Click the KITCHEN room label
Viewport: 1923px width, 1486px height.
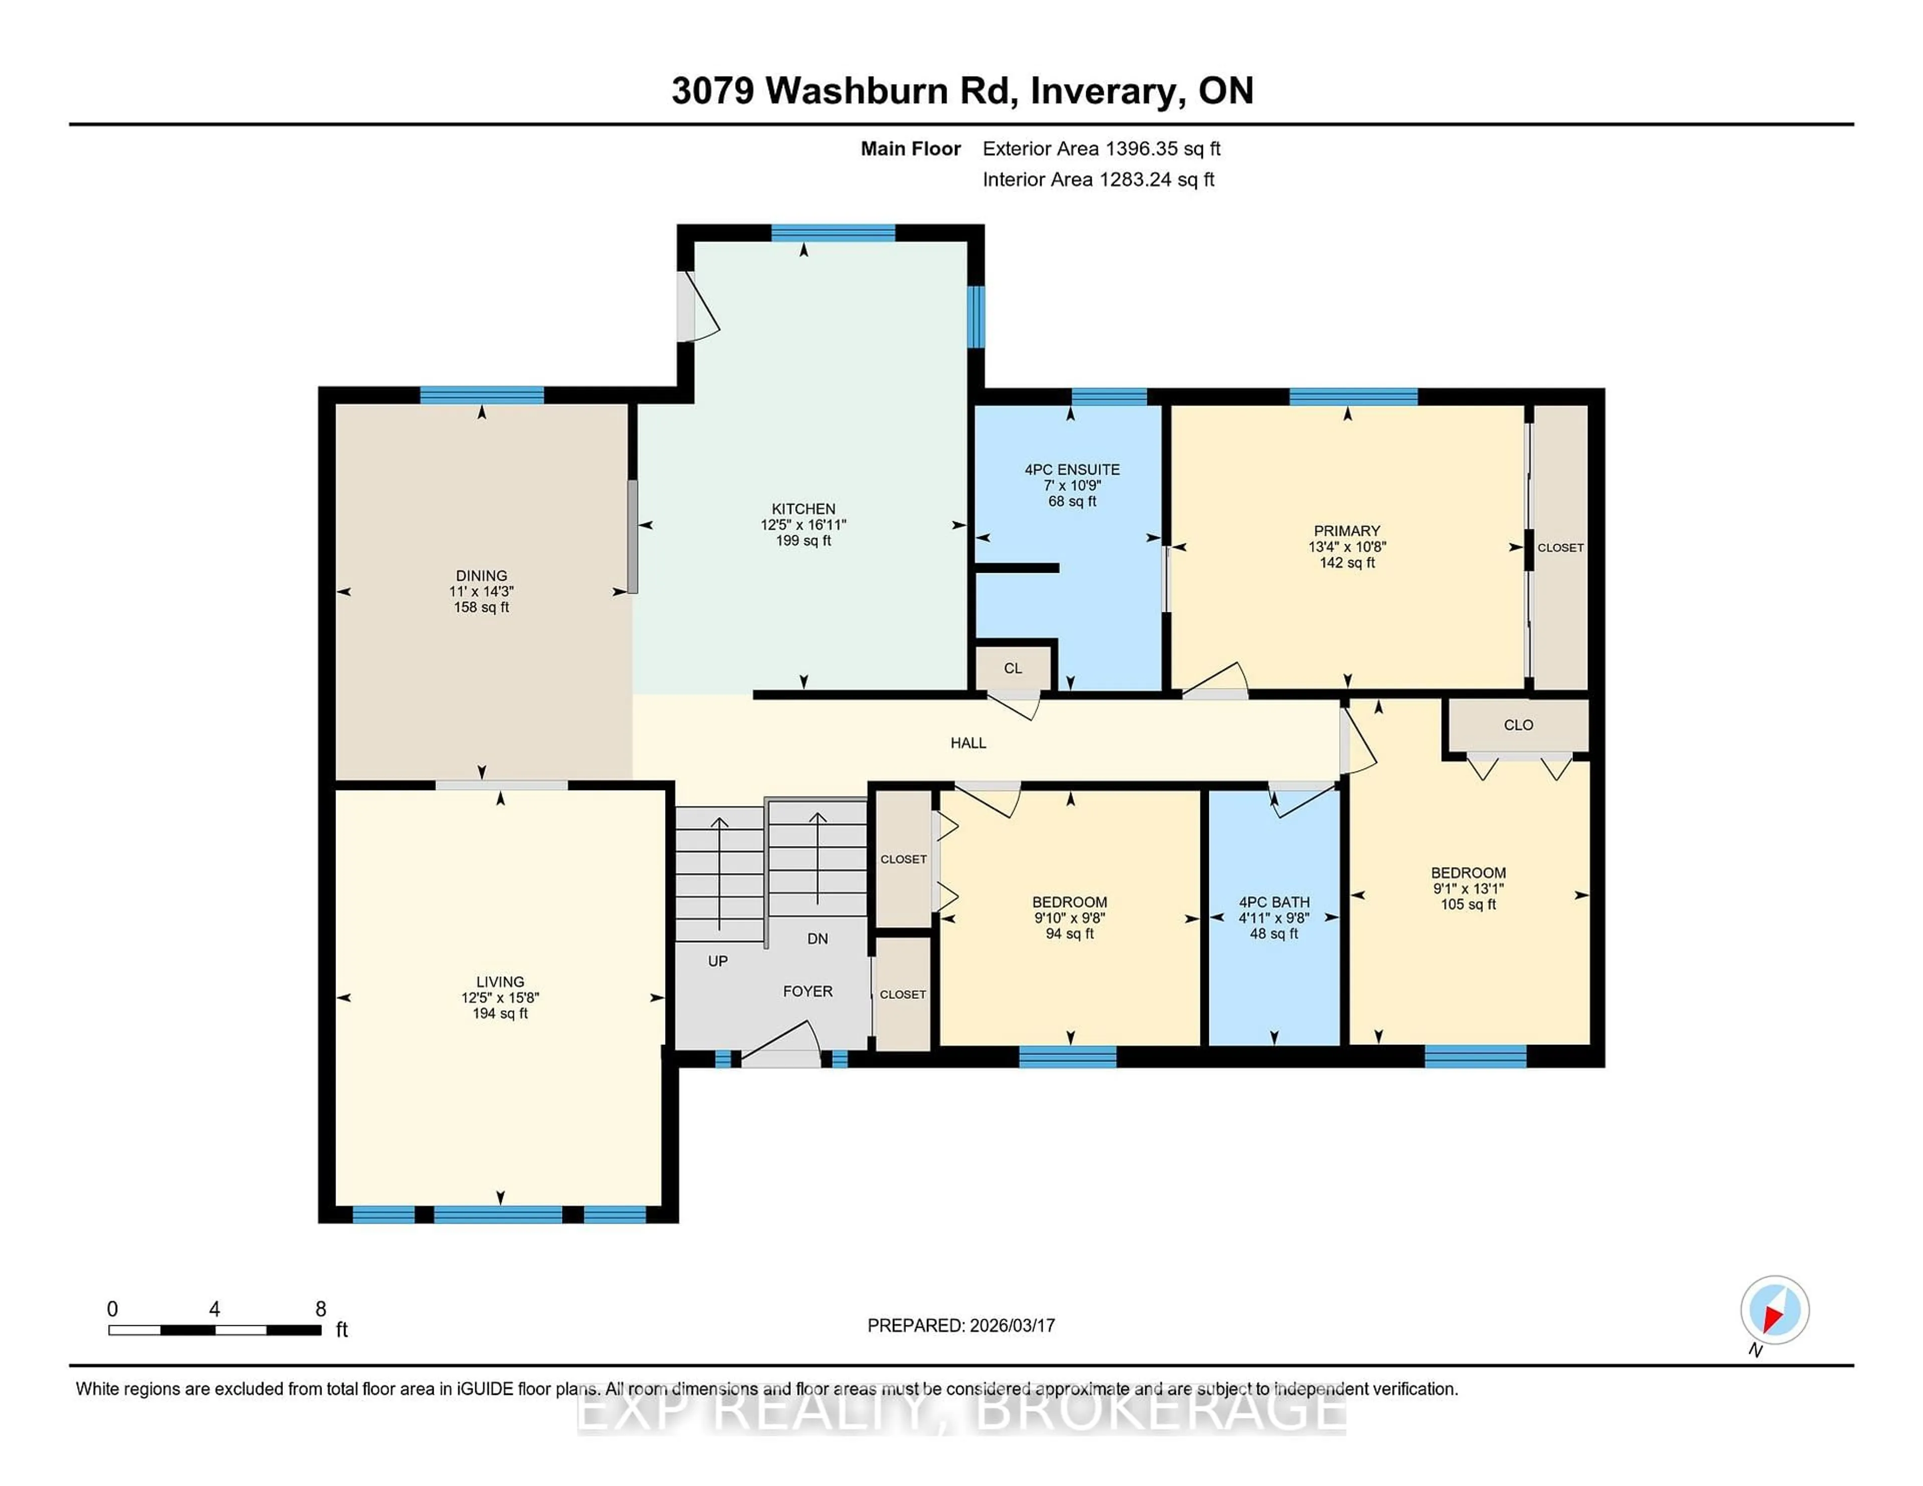803,509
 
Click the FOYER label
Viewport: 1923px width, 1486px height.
807,991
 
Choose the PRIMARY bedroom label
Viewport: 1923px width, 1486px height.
1346,531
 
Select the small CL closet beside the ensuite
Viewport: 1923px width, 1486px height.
1013,668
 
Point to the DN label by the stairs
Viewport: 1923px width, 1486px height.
817,938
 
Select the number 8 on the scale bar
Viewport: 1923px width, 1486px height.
320,1309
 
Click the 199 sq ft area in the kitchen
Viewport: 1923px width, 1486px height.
803,541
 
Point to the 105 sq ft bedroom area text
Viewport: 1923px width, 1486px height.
1468,904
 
